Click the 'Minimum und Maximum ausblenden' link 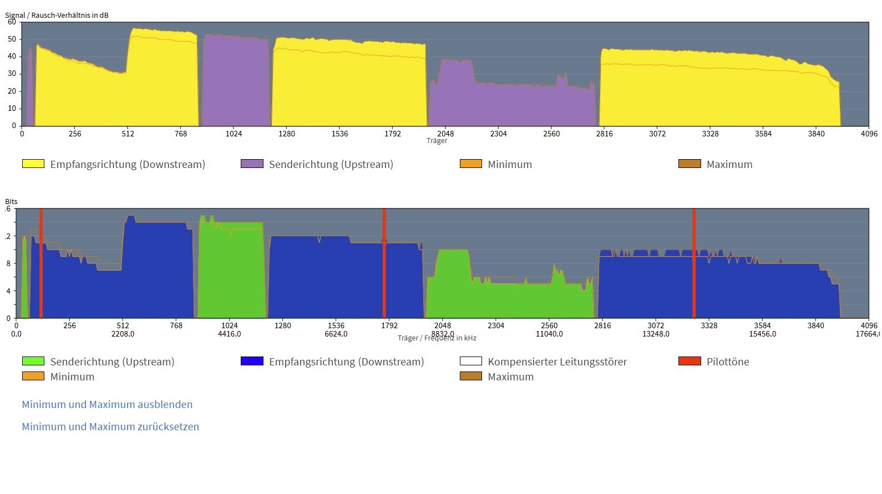tap(107, 405)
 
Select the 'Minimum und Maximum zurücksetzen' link tap(110, 427)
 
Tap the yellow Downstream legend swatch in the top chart tap(33, 164)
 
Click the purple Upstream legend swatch tap(252, 164)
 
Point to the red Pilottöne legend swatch tap(690, 361)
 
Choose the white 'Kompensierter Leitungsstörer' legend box tap(471, 361)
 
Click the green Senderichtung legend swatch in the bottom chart tap(33, 361)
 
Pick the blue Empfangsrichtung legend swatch tap(252, 361)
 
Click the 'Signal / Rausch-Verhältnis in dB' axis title tap(57, 15)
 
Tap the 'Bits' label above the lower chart tap(11, 202)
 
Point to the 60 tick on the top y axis tap(12, 22)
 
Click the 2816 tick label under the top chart tap(604, 134)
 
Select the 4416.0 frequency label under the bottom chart tap(229, 334)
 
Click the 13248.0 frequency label tap(656, 334)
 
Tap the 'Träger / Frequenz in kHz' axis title tap(437, 338)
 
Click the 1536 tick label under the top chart tap(339, 134)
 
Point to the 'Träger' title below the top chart tap(437, 141)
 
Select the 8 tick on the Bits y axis tap(8, 263)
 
